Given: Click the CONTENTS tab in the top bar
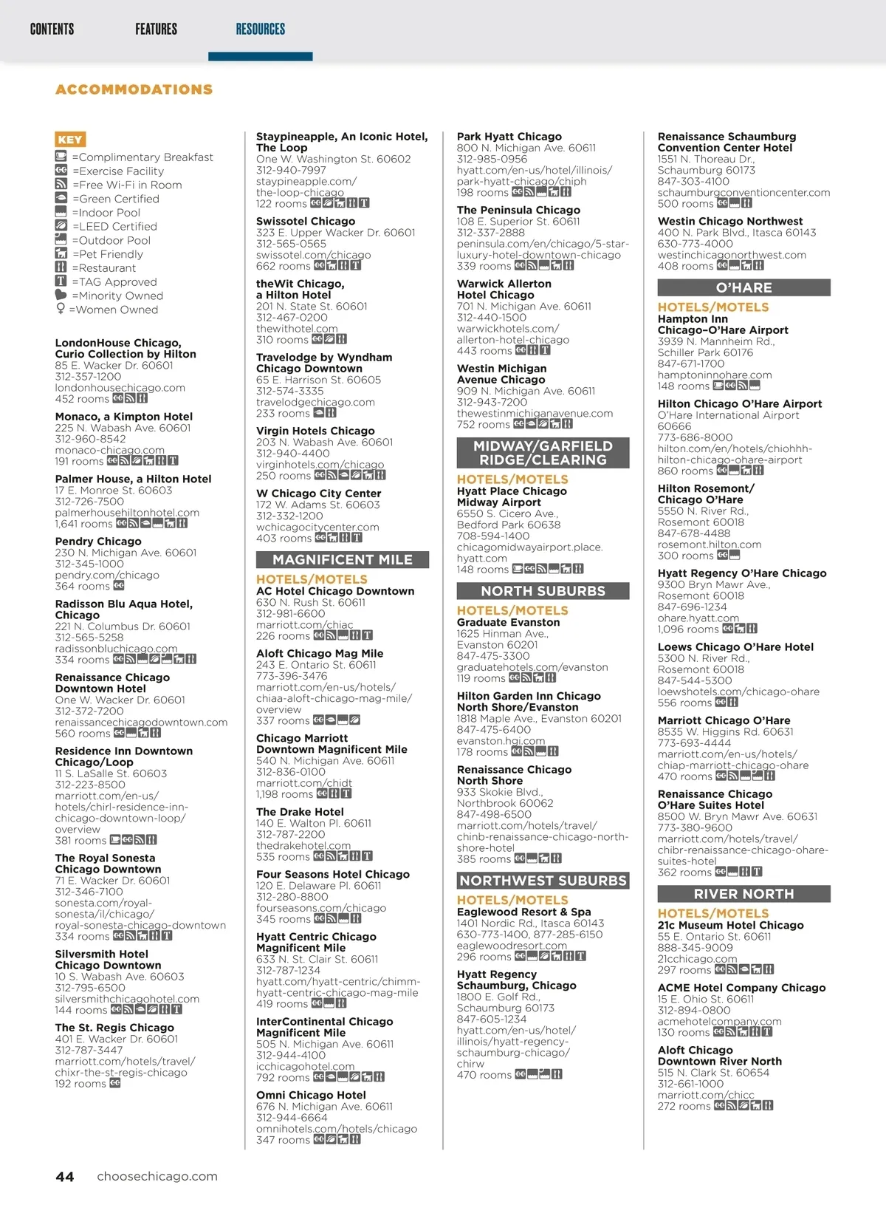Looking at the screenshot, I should pyautogui.click(x=52, y=30).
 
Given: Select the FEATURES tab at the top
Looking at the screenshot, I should pyautogui.click(x=156, y=30).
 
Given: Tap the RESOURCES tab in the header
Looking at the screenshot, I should pyautogui.click(x=260, y=30).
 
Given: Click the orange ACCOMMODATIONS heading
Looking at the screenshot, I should pyautogui.click(x=134, y=89).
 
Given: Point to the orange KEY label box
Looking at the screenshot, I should pyautogui.click(x=70, y=140).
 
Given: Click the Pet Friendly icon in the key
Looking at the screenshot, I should pyautogui.click(x=61, y=254).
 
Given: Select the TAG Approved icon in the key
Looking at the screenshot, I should pyautogui.click(x=61, y=281).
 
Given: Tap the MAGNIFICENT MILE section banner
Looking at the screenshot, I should pyautogui.click(x=343, y=560).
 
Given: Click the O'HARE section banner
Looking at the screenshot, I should pyautogui.click(x=744, y=288).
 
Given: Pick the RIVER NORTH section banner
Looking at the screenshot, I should pyautogui.click(x=744, y=894).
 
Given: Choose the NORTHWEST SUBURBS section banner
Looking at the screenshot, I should pyautogui.click(x=543, y=881).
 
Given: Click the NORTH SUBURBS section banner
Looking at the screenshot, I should pyautogui.click(x=543, y=591).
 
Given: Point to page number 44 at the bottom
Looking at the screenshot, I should pyautogui.click(x=65, y=1177).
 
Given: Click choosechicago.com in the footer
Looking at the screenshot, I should pyautogui.click(x=157, y=1177).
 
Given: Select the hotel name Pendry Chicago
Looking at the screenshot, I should pyautogui.click(x=98, y=542).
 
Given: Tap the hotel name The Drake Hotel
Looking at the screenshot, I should pyautogui.click(x=300, y=812).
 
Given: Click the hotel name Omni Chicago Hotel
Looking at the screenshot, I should pyautogui.click(x=311, y=1095).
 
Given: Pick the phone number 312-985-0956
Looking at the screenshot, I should pyautogui.click(x=492, y=159).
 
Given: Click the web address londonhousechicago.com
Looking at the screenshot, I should pyautogui.click(x=120, y=388).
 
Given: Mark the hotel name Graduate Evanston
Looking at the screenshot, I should pyautogui.click(x=508, y=622).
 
